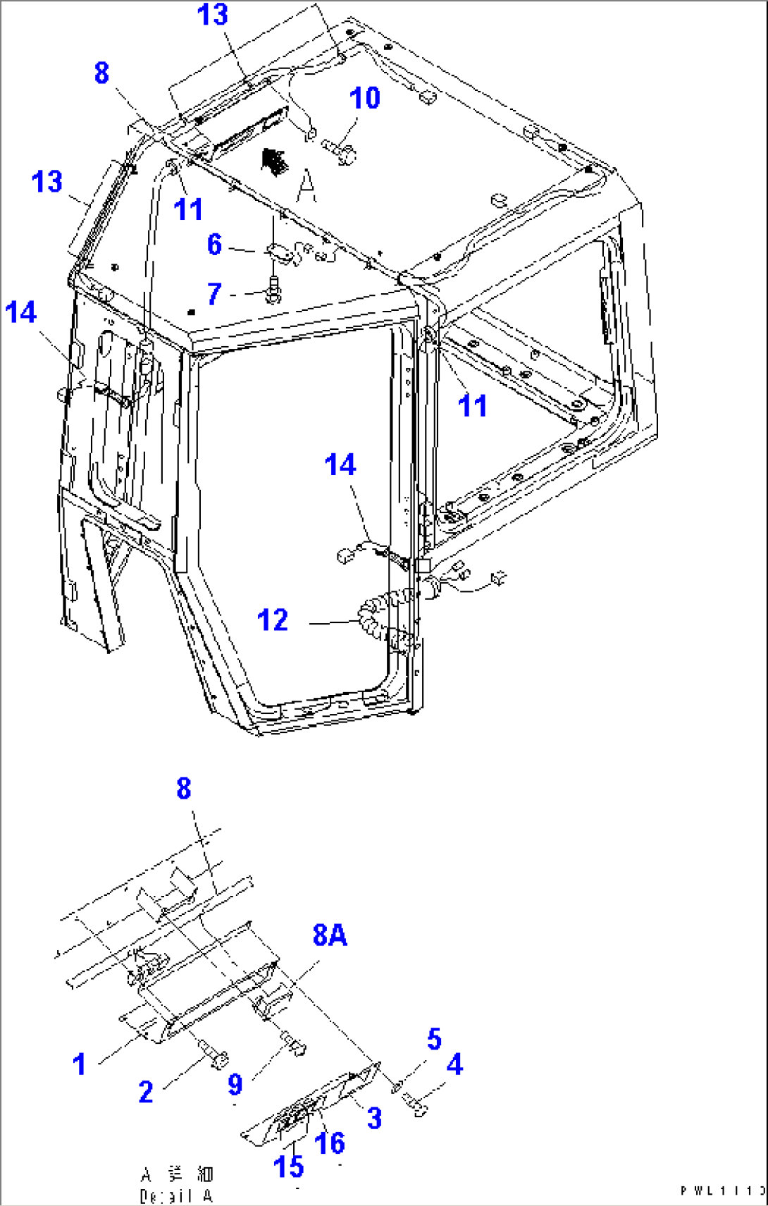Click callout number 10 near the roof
click(365, 98)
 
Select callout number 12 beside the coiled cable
click(273, 620)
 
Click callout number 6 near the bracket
click(214, 245)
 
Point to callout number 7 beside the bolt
click(214, 293)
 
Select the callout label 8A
click(329, 935)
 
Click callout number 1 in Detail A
click(80, 1064)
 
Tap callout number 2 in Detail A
click(146, 1092)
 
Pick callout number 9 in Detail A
click(235, 1085)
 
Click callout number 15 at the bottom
click(288, 1167)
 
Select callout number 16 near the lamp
click(330, 1143)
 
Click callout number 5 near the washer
click(434, 1039)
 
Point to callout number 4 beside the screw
click(454, 1064)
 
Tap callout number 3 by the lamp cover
click(374, 1118)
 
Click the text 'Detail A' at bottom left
click(176, 1196)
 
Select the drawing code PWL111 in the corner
click(722, 1191)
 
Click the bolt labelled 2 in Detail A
click(215, 1054)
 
